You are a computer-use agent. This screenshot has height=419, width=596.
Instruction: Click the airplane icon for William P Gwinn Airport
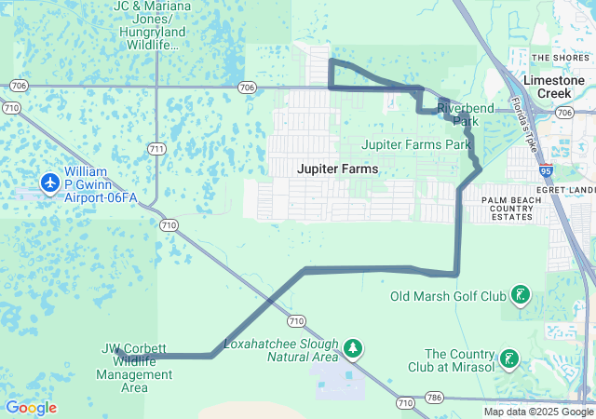pos(49,182)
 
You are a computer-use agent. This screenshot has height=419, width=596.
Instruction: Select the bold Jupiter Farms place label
pos(337,169)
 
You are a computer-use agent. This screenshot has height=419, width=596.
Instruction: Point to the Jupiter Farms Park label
pos(415,144)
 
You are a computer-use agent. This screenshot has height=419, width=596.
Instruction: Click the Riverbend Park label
pos(458,115)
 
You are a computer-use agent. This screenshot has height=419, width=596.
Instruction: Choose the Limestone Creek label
pos(554,88)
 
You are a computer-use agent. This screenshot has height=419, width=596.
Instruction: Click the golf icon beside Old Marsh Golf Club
pos(521,297)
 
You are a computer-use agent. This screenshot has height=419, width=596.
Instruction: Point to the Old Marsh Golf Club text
pos(448,297)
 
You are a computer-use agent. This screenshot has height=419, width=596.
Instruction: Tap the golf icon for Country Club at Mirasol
pos(509,358)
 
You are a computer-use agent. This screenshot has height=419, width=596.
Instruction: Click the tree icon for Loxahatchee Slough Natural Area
pos(353,348)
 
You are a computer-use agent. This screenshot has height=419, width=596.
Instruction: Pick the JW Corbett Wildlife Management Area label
pos(135,368)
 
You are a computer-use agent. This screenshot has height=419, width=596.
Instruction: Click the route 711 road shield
pos(157,149)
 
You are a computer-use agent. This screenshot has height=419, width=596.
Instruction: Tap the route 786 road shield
pos(431,398)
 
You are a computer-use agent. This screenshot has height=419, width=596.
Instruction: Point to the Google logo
pos(31,408)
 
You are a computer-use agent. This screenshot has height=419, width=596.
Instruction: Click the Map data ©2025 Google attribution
pos(537,412)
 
